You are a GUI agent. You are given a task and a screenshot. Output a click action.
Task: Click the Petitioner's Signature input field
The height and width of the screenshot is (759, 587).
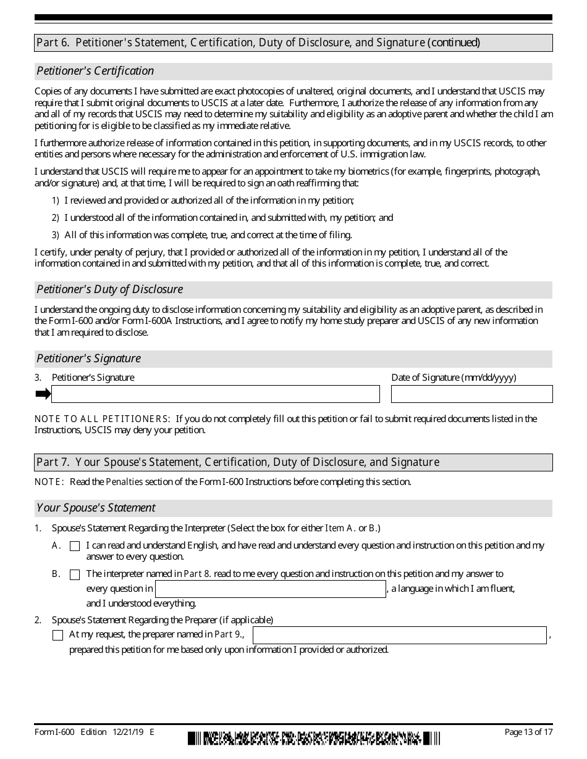click(x=215, y=394)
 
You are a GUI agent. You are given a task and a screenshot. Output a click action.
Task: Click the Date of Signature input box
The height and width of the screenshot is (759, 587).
click(x=471, y=394)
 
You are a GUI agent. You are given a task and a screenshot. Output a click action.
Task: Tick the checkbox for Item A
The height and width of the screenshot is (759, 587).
click(x=75, y=546)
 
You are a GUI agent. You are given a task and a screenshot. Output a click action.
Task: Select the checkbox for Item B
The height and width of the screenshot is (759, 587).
click(x=75, y=574)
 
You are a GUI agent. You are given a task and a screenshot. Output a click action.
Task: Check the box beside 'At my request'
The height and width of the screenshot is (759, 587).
click(x=58, y=635)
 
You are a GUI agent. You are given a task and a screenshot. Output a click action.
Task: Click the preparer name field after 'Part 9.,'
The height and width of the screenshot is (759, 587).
click(x=400, y=635)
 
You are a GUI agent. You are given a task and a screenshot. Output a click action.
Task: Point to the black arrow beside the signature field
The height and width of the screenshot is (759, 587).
click(x=43, y=394)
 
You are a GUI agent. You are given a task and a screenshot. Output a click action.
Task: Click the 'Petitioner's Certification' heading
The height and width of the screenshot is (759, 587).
click(x=95, y=71)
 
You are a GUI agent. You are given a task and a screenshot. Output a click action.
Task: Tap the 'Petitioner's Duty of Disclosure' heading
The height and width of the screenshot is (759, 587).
click(x=109, y=289)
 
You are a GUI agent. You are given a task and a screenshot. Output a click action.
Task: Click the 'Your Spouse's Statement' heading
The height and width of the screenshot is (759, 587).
click(x=96, y=508)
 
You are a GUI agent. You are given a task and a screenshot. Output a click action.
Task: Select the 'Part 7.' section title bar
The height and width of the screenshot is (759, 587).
click(x=293, y=462)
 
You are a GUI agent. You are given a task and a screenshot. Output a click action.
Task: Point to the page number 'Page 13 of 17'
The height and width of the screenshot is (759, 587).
click(x=528, y=732)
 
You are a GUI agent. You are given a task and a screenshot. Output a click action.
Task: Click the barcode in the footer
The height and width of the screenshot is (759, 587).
click(x=315, y=738)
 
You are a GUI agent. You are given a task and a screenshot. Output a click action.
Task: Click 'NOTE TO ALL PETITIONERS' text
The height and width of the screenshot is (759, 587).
click(x=102, y=419)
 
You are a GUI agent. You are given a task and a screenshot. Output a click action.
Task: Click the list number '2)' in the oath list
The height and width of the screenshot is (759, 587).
click(x=55, y=218)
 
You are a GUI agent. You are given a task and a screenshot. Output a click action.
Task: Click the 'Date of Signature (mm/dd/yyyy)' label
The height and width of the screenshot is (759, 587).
click(x=454, y=378)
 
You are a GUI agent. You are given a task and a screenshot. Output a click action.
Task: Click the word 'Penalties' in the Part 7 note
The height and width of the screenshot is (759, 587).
click(x=124, y=482)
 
